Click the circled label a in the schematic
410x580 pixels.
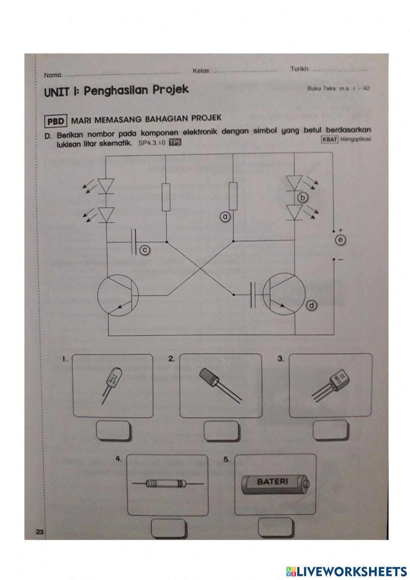[225, 215]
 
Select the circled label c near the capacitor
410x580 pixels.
[144, 250]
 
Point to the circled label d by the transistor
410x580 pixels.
[312, 305]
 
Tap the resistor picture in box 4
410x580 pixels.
[167, 484]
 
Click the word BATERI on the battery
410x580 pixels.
[272, 481]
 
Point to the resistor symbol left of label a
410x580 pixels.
[166, 197]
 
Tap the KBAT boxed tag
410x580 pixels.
[330, 140]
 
